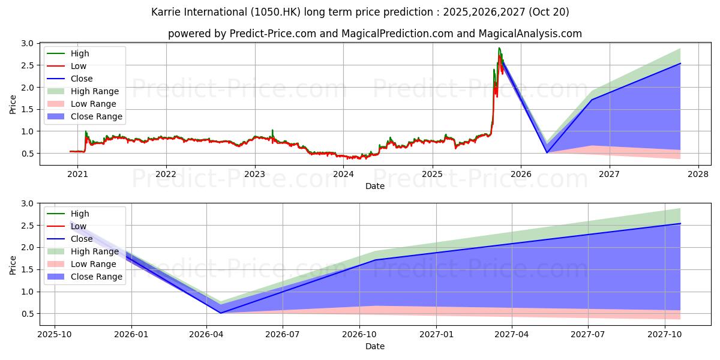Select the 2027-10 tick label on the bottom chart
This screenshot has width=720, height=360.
[x=665, y=335]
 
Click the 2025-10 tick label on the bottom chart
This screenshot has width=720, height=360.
[x=55, y=335]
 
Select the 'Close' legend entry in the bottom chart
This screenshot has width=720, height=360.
[x=82, y=239]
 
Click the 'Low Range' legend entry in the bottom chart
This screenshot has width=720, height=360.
[x=94, y=264]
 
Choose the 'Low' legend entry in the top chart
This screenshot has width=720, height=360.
[x=79, y=66]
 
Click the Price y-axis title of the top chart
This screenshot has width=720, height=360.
[x=13, y=103]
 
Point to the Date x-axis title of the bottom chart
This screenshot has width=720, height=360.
[x=375, y=347]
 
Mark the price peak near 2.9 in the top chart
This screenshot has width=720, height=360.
[x=499, y=48]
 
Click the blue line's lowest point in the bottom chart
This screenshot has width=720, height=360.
[x=220, y=313]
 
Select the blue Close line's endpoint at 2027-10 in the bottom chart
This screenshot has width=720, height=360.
[x=680, y=224]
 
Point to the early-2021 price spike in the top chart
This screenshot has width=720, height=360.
[x=86, y=131]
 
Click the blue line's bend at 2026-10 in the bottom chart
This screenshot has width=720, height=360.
[x=375, y=260]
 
